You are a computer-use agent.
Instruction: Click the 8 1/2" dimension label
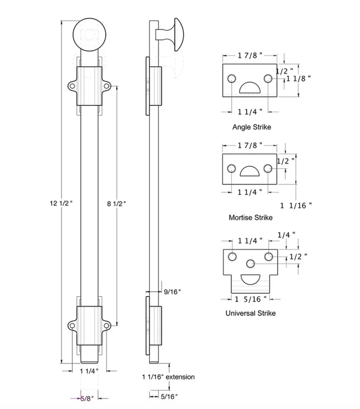pos(117,203)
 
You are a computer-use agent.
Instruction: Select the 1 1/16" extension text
pos(168,377)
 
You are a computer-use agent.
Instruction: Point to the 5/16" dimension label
pos(169,396)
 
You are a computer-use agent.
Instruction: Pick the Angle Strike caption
pos(252,127)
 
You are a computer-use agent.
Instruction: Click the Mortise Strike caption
pos(251,217)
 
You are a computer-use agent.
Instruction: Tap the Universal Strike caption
pos(251,313)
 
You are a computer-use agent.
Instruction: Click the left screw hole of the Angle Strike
pos(232,78)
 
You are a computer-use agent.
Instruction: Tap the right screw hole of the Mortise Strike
pos(267,168)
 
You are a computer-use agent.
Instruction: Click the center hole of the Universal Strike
pos(251,264)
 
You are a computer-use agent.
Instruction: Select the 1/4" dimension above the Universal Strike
pos(286,235)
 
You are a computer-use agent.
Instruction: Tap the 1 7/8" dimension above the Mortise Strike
pos(250,145)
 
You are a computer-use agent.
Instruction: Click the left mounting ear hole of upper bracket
pos(72,87)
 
